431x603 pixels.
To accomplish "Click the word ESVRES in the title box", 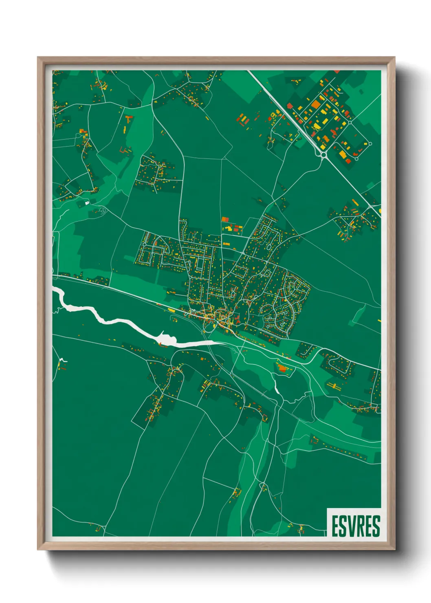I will point(356,526).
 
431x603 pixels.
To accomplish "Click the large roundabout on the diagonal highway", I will point(324,154).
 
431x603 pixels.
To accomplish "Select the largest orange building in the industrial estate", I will point(316,104).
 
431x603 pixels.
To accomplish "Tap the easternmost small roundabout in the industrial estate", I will point(370,143).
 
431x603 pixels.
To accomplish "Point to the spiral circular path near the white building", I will point(102,210).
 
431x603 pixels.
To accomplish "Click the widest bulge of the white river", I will point(165,338).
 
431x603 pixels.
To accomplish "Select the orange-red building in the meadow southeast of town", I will point(282,369).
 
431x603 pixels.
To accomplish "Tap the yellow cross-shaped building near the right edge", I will point(334,385).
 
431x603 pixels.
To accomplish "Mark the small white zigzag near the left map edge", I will point(62,360).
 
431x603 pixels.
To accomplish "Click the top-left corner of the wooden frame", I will point(39,58).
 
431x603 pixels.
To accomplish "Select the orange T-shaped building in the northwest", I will point(129,119).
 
